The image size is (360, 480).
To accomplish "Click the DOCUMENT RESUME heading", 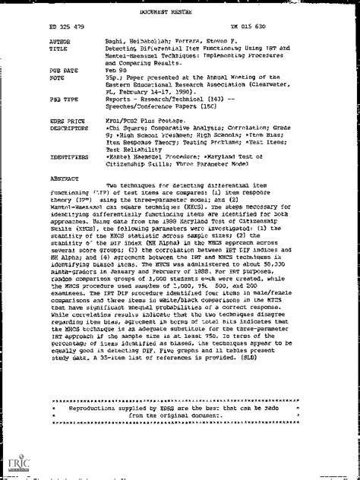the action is tap(181, 7).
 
